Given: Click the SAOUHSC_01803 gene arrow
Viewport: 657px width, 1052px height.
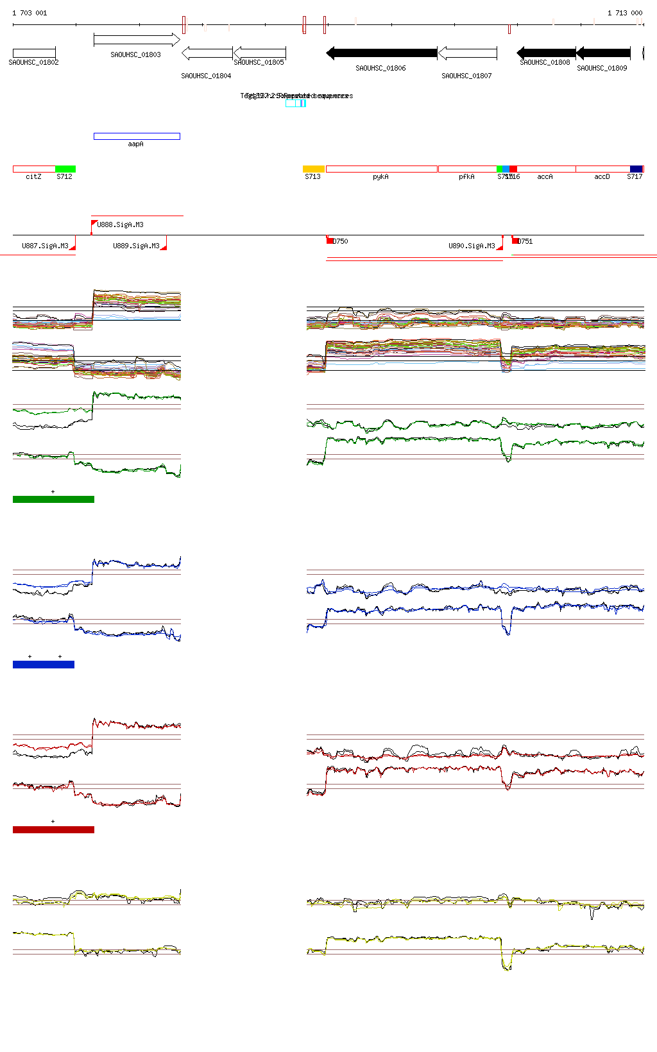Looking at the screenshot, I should pyautogui.click(x=136, y=40).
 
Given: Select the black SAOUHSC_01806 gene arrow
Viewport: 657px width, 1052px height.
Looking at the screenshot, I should pyautogui.click(x=382, y=53).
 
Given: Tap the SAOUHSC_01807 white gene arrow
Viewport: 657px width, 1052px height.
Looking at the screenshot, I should pyautogui.click(x=467, y=53).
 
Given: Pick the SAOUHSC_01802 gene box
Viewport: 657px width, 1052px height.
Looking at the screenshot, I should pyautogui.click(x=34, y=53).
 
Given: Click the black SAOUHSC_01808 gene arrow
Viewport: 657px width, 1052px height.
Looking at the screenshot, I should pyautogui.click(x=546, y=53).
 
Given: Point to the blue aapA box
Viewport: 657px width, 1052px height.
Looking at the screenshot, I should pyautogui.click(x=137, y=136).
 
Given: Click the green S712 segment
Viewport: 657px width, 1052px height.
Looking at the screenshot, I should pyautogui.click(x=65, y=169).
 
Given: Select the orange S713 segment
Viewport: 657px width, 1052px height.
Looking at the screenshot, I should pyautogui.click(x=314, y=169).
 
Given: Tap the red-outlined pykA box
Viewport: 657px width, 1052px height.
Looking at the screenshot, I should pyautogui.click(x=381, y=169).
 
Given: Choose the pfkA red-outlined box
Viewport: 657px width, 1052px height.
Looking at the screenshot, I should pyautogui.click(x=467, y=169).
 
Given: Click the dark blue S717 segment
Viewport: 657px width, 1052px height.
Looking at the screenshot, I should pyautogui.click(x=636, y=169).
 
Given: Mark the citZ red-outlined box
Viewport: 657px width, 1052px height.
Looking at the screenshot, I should pyautogui.click(x=34, y=169).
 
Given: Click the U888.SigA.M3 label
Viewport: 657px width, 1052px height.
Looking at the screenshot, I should pyautogui.click(x=121, y=225).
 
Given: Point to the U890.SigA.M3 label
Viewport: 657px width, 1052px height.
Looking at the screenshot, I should pyautogui.click(x=472, y=246).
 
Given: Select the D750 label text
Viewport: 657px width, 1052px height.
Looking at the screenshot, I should pyautogui.click(x=340, y=241).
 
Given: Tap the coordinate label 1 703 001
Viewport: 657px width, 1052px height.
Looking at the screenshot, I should pyautogui.click(x=30, y=13).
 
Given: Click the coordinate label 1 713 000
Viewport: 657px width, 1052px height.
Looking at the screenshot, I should pyautogui.click(x=625, y=13).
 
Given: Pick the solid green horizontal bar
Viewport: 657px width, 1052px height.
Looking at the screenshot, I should pyautogui.click(x=53, y=499).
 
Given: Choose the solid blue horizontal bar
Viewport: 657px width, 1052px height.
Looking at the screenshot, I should pyautogui.click(x=44, y=665).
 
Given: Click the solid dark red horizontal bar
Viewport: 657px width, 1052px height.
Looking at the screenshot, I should pyautogui.click(x=53, y=829).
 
